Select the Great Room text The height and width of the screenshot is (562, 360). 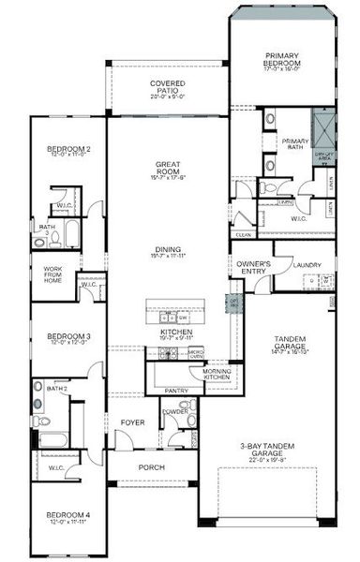[167, 169]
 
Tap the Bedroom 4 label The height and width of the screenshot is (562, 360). [68, 515]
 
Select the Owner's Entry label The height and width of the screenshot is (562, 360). [254, 268]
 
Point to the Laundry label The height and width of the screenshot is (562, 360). [307, 265]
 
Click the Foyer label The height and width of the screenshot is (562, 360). [132, 422]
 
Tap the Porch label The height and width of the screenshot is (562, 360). [151, 467]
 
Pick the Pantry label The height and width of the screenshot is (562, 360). [176, 389]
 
